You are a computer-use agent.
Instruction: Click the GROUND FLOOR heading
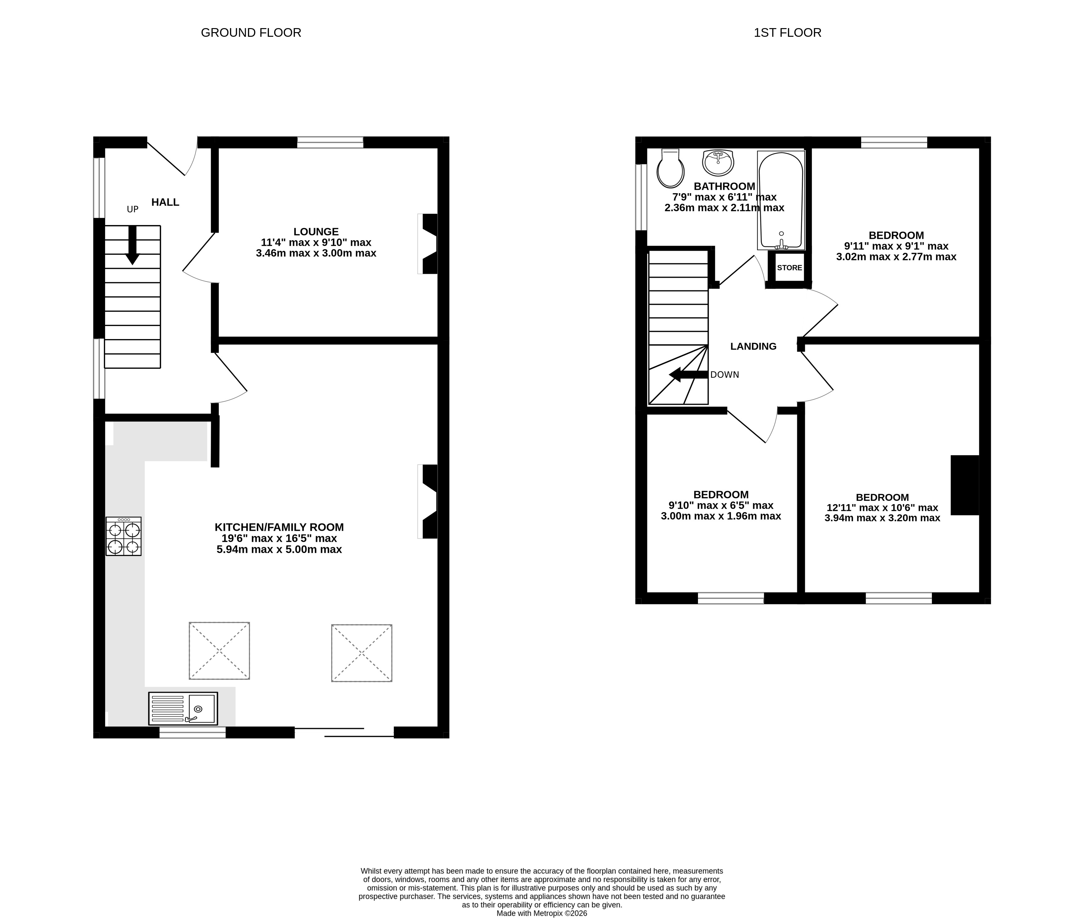coord(251,33)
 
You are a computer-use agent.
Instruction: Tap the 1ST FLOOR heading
coord(787,33)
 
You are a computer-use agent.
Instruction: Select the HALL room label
coord(165,202)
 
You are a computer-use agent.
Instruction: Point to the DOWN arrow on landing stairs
coord(688,375)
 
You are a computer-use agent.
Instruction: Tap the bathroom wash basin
coord(718,162)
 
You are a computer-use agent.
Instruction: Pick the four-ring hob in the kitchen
coord(123,536)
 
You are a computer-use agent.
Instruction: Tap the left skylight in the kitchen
coord(219,651)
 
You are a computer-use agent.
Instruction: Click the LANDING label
coord(753,346)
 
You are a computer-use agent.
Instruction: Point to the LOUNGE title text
coord(316,232)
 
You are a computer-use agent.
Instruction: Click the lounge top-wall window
coord(330,142)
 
